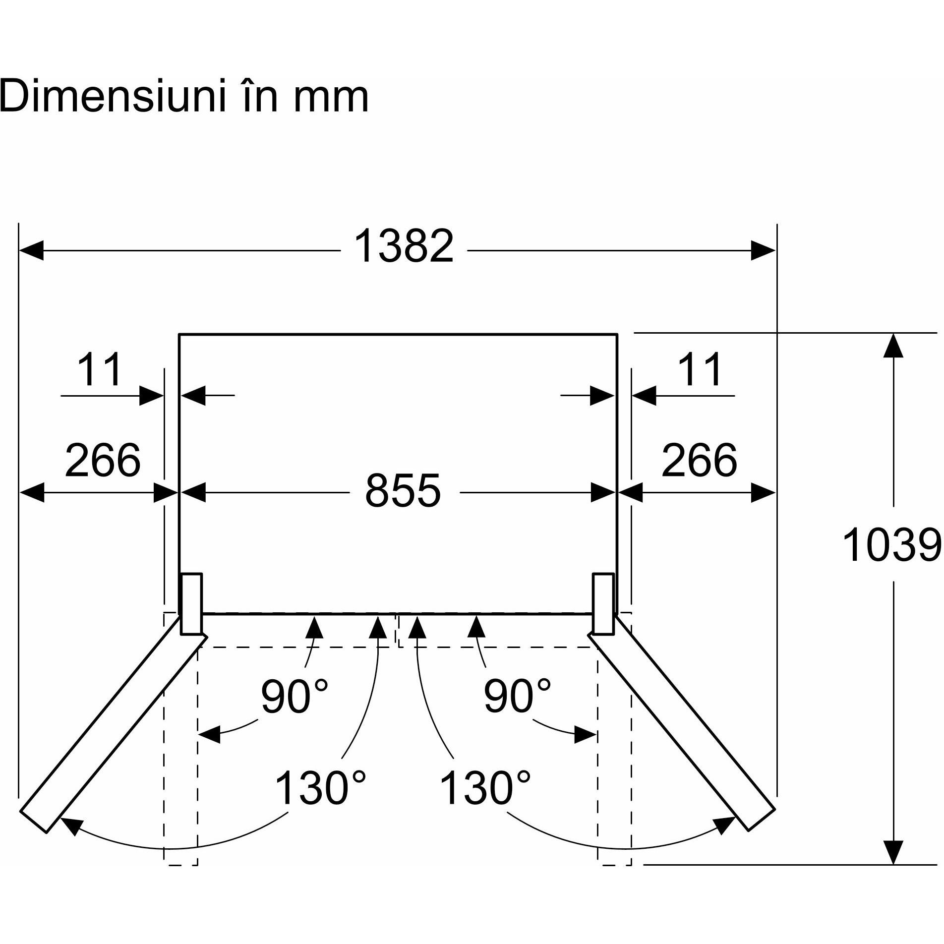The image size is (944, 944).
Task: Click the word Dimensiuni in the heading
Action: point(108,96)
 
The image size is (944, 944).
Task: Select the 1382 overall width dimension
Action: point(404,246)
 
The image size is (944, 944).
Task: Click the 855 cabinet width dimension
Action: point(403,491)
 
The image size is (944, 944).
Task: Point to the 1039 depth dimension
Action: point(891,545)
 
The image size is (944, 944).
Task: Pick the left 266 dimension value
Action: point(103,460)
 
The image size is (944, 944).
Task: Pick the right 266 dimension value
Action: point(699,460)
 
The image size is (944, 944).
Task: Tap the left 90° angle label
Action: point(295,696)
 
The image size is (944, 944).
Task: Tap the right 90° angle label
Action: point(517,696)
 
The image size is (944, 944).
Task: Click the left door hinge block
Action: point(191,604)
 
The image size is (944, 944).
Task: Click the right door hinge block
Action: point(603,604)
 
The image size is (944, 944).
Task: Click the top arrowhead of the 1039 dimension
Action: point(893,345)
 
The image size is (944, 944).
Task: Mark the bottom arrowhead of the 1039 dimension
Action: point(893,852)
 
